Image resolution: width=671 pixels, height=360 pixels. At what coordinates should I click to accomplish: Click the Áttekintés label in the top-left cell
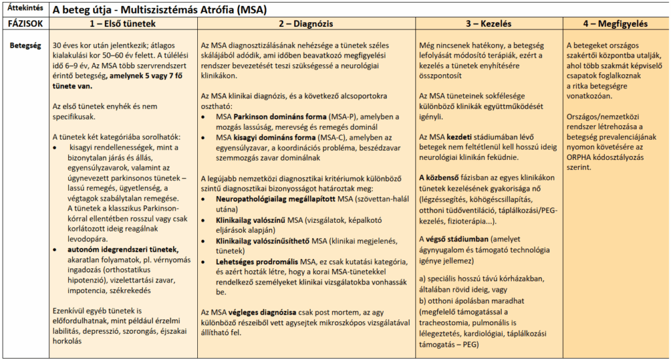(x=21, y=8)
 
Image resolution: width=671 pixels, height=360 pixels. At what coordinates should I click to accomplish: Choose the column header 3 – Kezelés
(x=488, y=24)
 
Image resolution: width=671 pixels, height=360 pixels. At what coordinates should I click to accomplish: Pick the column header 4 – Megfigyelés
(x=615, y=24)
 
